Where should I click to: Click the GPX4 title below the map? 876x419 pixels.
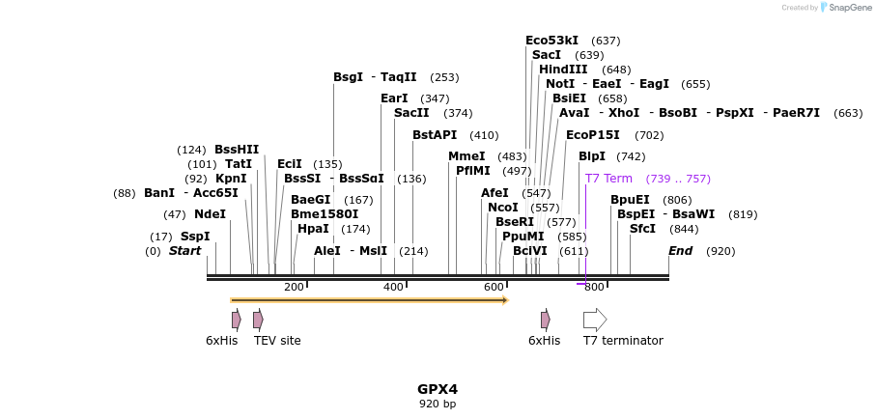click(x=438, y=389)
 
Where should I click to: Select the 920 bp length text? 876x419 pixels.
click(x=438, y=404)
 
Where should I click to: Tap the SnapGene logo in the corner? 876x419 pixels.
click(x=827, y=8)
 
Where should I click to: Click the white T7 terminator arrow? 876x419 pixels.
click(x=595, y=320)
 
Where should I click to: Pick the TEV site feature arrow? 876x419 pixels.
click(x=258, y=320)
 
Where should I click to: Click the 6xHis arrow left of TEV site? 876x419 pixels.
click(x=237, y=320)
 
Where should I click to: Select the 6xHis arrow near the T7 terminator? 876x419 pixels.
click(x=546, y=320)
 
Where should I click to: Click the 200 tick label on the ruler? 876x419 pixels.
click(x=294, y=287)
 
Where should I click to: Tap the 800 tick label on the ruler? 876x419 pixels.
click(x=594, y=287)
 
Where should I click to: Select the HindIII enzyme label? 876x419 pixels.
click(x=563, y=70)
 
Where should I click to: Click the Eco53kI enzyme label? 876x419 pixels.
click(x=551, y=41)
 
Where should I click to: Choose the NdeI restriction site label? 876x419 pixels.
click(x=210, y=214)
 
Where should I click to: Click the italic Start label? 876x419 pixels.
click(x=184, y=251)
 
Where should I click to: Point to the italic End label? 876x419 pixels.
click(x=681, y=251)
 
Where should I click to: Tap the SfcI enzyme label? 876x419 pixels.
click(x=642, y=229)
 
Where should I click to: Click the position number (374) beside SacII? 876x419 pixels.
click(x=458, y=113)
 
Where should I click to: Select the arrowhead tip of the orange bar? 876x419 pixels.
click(x=506, y=300)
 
